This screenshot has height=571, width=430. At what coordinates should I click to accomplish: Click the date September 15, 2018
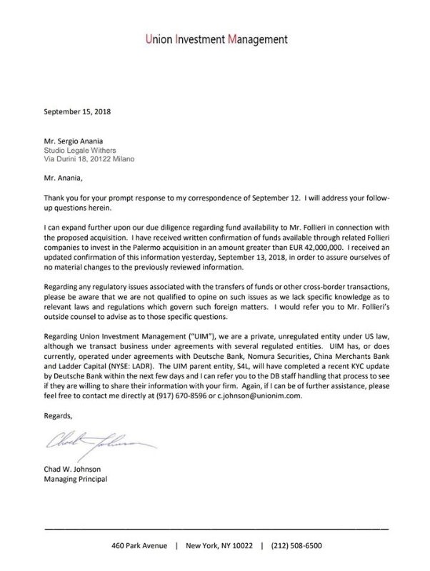[x=78, y=111]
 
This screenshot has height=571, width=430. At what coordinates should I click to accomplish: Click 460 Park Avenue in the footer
[x=140, y=546]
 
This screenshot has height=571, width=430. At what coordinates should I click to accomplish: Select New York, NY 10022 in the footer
[x=219, y=546]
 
